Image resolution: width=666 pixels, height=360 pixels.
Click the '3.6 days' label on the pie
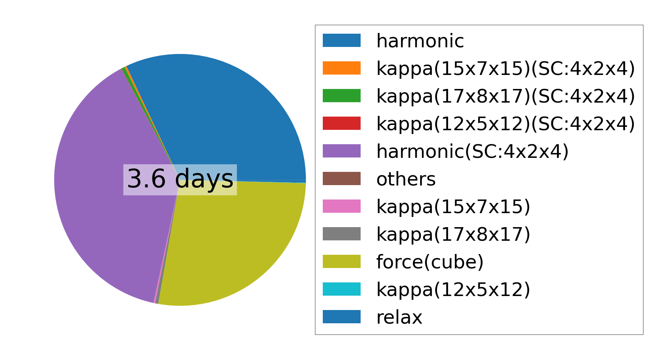(x=180, y=179)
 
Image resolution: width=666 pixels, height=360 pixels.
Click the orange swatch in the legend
(x=342, y=68)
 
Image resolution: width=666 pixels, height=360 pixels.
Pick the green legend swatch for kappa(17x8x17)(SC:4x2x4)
(x=342, y=96)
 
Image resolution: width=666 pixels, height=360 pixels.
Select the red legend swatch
(x=342, y=123)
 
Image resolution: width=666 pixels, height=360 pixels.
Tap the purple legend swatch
(x=342, y=151)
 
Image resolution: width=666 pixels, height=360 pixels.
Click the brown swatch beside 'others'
(x=342, y=179)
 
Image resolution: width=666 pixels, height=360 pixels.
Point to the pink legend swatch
(x=342, y=206)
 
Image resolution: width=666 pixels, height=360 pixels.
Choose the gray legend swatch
(x=342, y=234)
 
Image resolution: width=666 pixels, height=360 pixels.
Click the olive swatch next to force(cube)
(x=342, y=262)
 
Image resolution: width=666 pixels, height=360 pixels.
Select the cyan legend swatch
(x=342, y=289)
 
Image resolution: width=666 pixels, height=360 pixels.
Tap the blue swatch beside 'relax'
(x=342, y=317)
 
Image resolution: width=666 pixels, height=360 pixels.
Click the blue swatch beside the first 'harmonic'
(x=342, y=41)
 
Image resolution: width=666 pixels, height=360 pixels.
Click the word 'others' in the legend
(x=406, y=179)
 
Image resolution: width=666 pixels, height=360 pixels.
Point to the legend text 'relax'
(x=399, y=317)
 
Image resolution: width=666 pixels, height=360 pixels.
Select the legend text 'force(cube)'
(x=430, y=262)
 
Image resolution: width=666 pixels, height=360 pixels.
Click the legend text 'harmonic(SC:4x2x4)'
(x=473, y=151)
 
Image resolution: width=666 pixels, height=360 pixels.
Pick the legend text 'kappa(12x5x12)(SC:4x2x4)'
(x=506, y=124)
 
